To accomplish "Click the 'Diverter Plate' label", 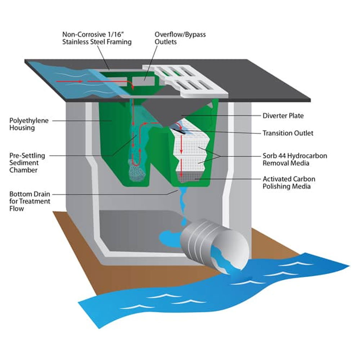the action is click(283, 116).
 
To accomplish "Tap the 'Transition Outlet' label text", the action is click(288, 133).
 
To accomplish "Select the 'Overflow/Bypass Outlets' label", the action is click(180, 38).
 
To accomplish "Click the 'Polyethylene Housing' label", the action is click(29, 124).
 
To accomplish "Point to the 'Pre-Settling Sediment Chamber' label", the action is click(27, 163).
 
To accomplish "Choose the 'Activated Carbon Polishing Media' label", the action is click(289, 182).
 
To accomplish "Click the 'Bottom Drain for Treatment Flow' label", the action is click(30, 201).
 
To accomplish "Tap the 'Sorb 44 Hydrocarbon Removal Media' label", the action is click(295, 159).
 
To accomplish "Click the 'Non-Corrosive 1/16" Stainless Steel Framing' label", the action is click(97, 38).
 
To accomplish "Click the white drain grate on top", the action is click(185, 81).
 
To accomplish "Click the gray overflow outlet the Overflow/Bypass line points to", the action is click(144, 81).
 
